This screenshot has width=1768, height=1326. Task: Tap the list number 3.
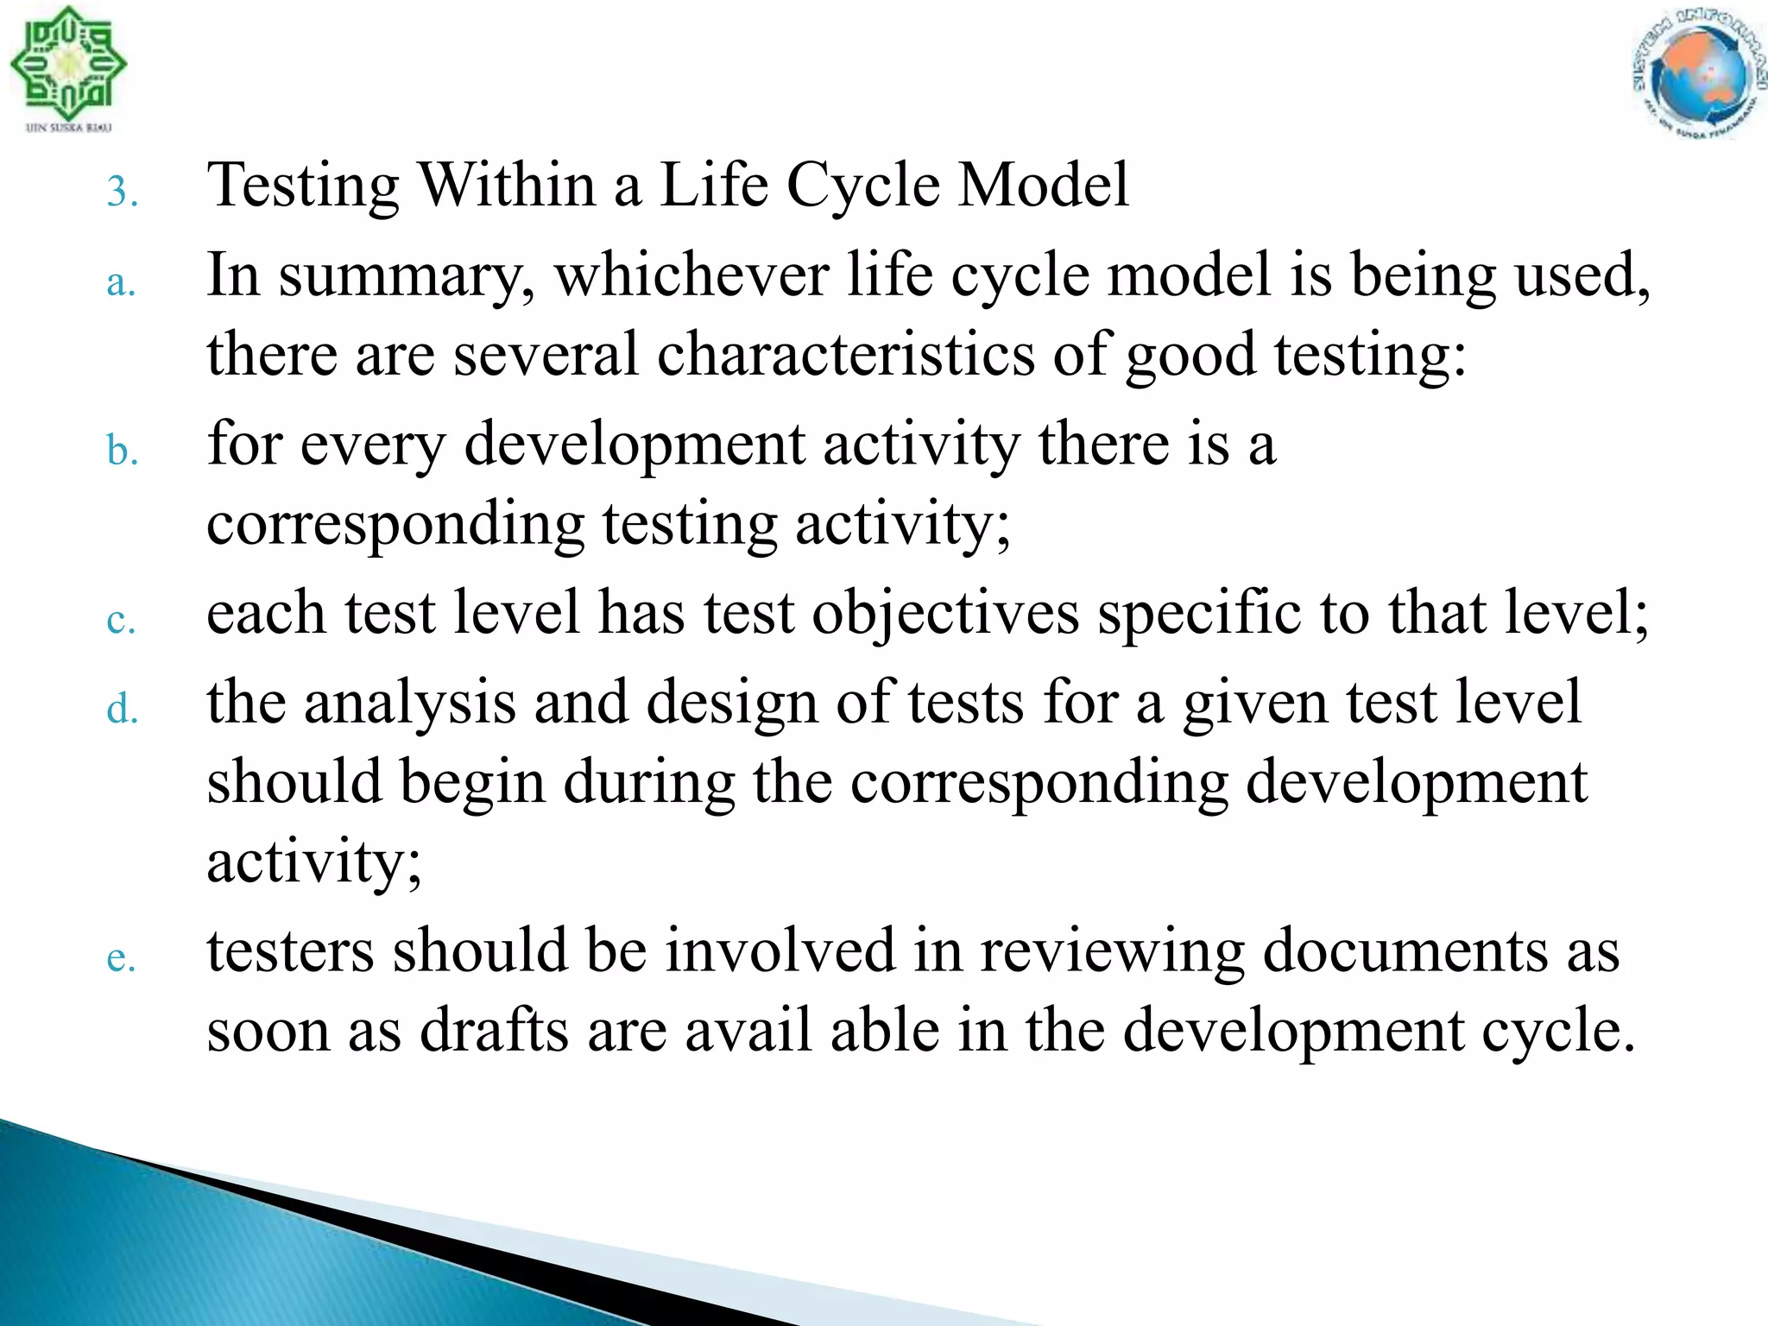pyautogui.click(x=122, y=192)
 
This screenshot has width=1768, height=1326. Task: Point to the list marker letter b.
pyautogui.click(x=122, y=451)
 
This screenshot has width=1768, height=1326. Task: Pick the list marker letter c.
pyautogui.click(x=121, y=621)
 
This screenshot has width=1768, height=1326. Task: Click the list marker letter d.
pyautogui.click(x=122, y=709)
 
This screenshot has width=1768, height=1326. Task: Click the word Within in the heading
pyautogui.click(x=507, y=185)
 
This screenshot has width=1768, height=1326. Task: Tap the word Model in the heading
pyautogui.click(x=1044, y=185)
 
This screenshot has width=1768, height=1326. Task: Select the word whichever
pyautogui.click(x=691, y=275)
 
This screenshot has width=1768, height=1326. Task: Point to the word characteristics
pyautogui.click(x=845, y=354)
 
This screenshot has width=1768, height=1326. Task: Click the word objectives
pyautogui.click(x=945, y=613)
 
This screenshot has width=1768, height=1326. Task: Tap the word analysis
pyautogui.click(x=410, y=702)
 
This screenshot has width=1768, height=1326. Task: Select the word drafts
pyautogui.click(x=494, y=1031)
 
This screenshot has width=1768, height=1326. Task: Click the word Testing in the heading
pyautogui.click(x=304, y=186)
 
